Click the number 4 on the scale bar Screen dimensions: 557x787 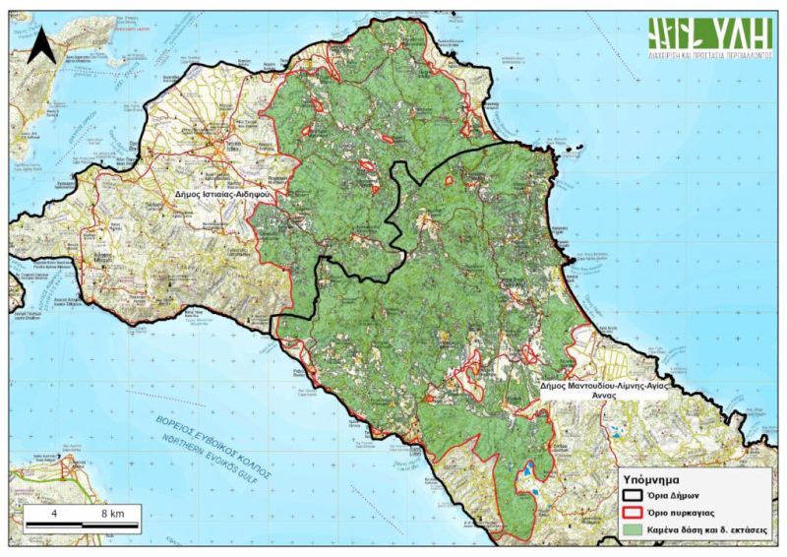tap(54, 514)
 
